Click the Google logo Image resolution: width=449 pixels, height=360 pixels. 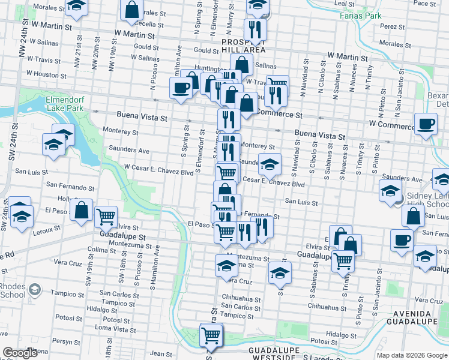[20, 353]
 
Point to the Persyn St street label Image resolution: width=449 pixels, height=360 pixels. [66, 341]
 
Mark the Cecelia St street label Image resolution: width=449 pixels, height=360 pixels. [149, 25]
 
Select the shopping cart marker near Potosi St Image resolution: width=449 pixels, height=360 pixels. [211, 334]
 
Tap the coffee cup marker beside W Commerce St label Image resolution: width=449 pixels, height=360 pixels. [426, 124]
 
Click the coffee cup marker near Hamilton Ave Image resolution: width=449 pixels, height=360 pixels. [181, 88]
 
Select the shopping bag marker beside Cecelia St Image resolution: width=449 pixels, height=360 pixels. [132, 9]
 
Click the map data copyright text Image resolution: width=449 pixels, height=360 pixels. [412, 355]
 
